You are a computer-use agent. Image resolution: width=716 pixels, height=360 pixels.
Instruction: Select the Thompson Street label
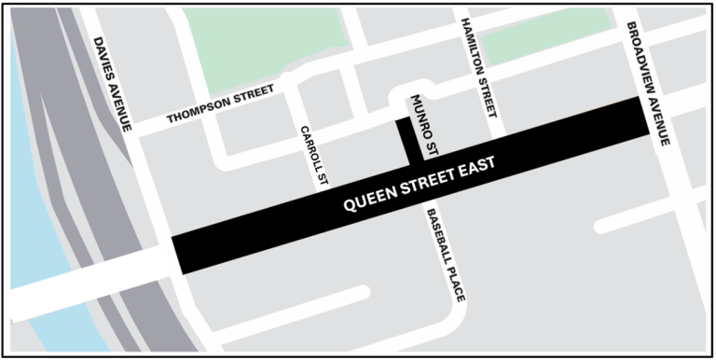[220, 104]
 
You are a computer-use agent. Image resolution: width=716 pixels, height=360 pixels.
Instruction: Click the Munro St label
[422, 122]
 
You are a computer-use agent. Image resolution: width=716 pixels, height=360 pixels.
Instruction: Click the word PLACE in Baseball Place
[455, 284]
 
